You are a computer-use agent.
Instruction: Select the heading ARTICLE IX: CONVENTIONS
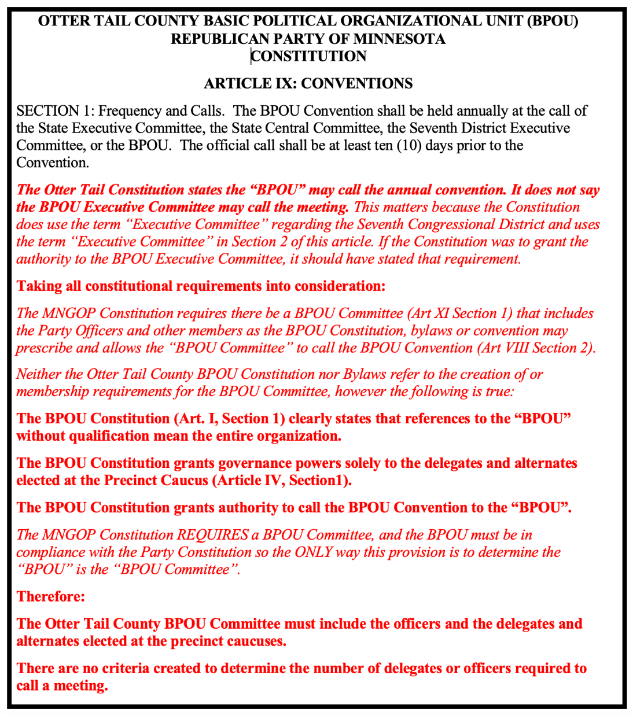tap(308, 83)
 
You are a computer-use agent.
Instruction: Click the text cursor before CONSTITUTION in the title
tap(251, 56)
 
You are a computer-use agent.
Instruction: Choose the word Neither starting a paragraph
tap(39, 374)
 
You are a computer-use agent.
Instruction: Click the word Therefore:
tap(51, 596)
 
